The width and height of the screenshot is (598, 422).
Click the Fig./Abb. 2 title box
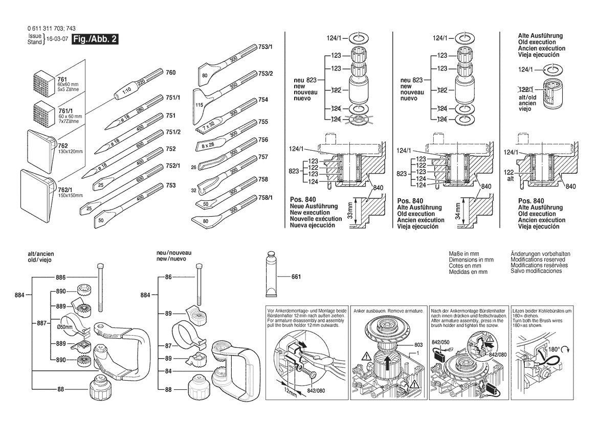[x=96, y=39]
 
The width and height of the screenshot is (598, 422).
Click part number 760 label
[x=170, y=73]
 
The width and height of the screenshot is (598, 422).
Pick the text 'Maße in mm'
[x=462, y=254]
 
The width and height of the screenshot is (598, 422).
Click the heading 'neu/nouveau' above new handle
[x=174, y=253]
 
